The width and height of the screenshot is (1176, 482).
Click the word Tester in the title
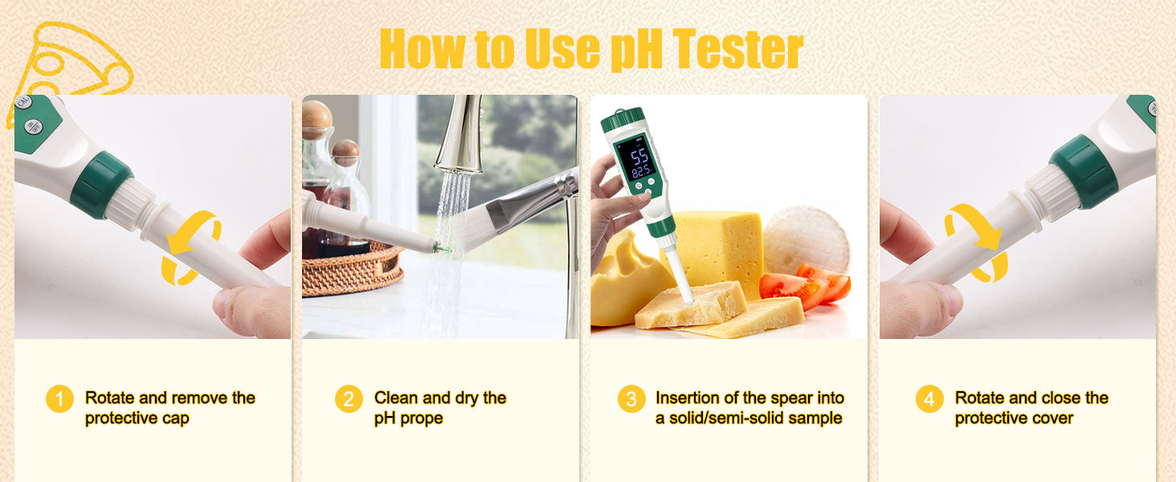737,48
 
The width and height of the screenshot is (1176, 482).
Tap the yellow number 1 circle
59,399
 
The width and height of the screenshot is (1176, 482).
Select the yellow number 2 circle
349,399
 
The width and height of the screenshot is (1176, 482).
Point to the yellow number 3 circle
631,399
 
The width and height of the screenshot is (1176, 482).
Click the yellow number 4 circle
929,399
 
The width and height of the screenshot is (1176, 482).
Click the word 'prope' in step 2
422,419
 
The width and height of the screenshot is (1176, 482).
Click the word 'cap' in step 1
175,419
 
